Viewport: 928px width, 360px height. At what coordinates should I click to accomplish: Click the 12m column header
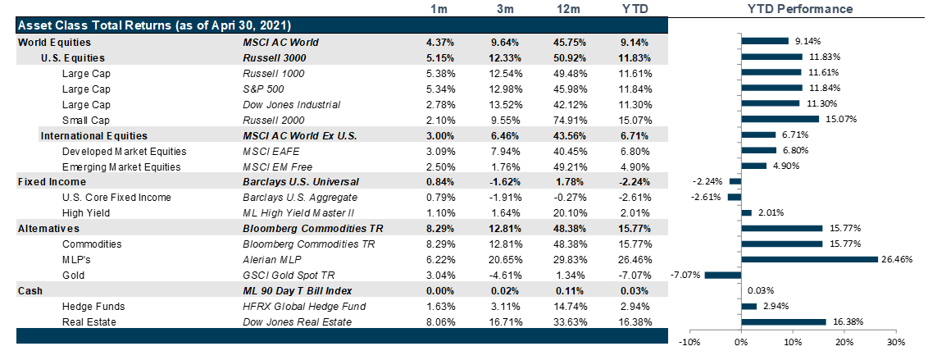(x=565, y=9)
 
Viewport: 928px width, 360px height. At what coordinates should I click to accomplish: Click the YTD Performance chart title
(x=799, y=9)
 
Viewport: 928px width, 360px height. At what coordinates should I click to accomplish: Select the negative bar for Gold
(x=722, y=275)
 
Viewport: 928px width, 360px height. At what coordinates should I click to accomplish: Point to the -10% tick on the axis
(x=689, y=341)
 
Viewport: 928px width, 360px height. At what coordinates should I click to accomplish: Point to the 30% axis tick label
(x=896, y=341)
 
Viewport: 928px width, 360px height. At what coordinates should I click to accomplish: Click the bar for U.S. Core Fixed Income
(x=734, y=197)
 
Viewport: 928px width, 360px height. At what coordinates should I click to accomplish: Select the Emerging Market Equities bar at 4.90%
(x=753, y=166)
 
